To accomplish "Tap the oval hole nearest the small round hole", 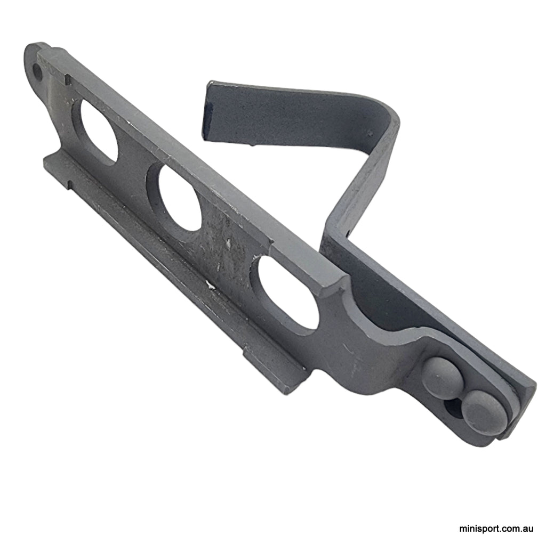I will (x=99, y=130).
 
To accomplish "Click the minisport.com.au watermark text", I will (x=496, y=529).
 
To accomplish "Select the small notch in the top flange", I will (x=68, y=80).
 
